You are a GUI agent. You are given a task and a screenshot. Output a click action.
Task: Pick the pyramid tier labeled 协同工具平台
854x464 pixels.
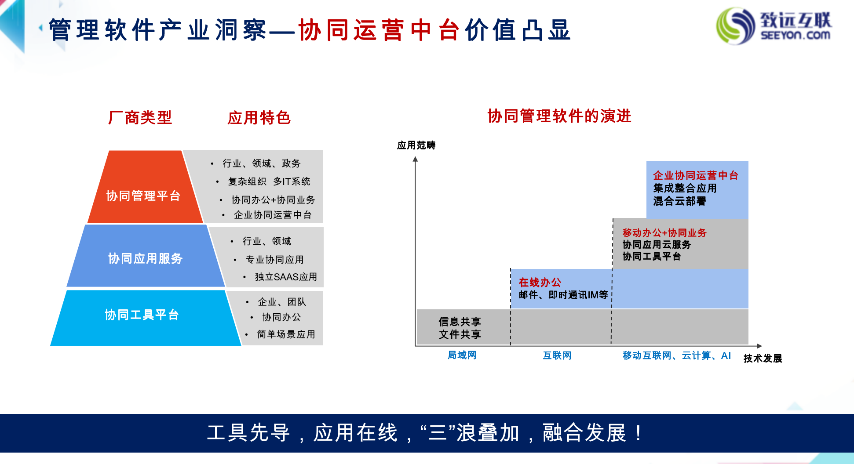click(146, 318)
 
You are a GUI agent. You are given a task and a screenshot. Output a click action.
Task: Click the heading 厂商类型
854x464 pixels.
click(140, 118)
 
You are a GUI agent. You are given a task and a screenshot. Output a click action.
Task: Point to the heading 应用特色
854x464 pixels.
click(259, 118)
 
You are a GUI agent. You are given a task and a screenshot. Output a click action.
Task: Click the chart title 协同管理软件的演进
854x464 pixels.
click(559, 116)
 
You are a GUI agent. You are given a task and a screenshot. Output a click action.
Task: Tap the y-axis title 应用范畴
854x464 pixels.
click(416, 145)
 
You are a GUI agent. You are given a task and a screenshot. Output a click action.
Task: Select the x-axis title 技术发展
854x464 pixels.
click(763, 359)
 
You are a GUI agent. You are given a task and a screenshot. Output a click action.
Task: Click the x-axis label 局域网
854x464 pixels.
click(462, 355)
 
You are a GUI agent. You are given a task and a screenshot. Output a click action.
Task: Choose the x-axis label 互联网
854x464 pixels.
click(557, 355)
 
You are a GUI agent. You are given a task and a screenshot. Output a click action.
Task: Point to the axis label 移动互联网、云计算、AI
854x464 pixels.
click(677, 355)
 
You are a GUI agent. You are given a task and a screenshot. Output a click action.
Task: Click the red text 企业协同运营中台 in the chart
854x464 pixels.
click(696, 176)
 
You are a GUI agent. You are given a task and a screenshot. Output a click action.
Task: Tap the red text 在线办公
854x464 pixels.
click(540, 283)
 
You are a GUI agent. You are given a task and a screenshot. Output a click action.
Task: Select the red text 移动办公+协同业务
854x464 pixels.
click(664, 233)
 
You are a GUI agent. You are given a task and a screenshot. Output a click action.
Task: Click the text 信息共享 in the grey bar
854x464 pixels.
click(460, 322)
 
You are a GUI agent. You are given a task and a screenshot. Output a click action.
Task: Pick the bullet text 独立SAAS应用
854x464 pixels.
click(286, 277)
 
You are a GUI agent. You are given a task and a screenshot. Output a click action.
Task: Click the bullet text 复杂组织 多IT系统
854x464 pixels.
click(269, 181)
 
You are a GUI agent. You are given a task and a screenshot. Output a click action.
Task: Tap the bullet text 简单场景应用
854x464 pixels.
click(286, 334)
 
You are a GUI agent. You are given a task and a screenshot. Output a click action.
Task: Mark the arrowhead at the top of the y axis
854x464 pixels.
click(415, 159)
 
